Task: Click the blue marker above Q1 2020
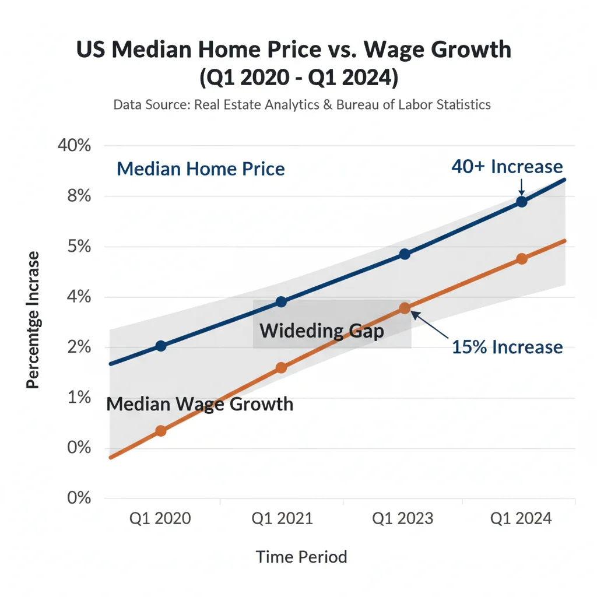161,346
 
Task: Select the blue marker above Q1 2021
281,301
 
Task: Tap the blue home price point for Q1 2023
405,254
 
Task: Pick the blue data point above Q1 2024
522,202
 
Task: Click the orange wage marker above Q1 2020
161,431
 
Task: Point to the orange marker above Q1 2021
281,368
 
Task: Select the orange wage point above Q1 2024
522,259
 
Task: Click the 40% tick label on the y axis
75,145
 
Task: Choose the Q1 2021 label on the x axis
282,518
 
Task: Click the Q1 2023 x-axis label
403,518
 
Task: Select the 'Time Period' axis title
301,557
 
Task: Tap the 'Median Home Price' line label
201,169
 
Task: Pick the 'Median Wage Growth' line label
199,404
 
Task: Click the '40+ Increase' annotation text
507,167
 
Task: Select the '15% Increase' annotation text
507,347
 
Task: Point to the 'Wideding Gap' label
322,331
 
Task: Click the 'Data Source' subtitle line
301,105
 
